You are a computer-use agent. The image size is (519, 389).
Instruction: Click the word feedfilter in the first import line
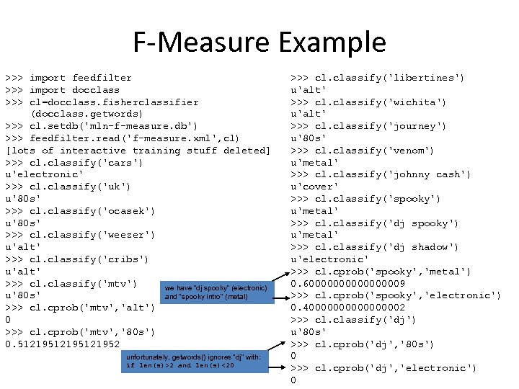pos(102,78)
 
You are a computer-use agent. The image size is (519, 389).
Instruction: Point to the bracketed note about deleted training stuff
pos(138,151)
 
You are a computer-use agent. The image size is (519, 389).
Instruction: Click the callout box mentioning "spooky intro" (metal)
pos(216,292)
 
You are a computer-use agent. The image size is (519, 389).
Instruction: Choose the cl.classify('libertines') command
pos(377,78)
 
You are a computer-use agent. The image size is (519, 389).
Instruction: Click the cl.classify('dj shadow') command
pos(374,247)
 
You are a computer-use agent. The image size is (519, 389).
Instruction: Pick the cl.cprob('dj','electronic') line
pos(383,368)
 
